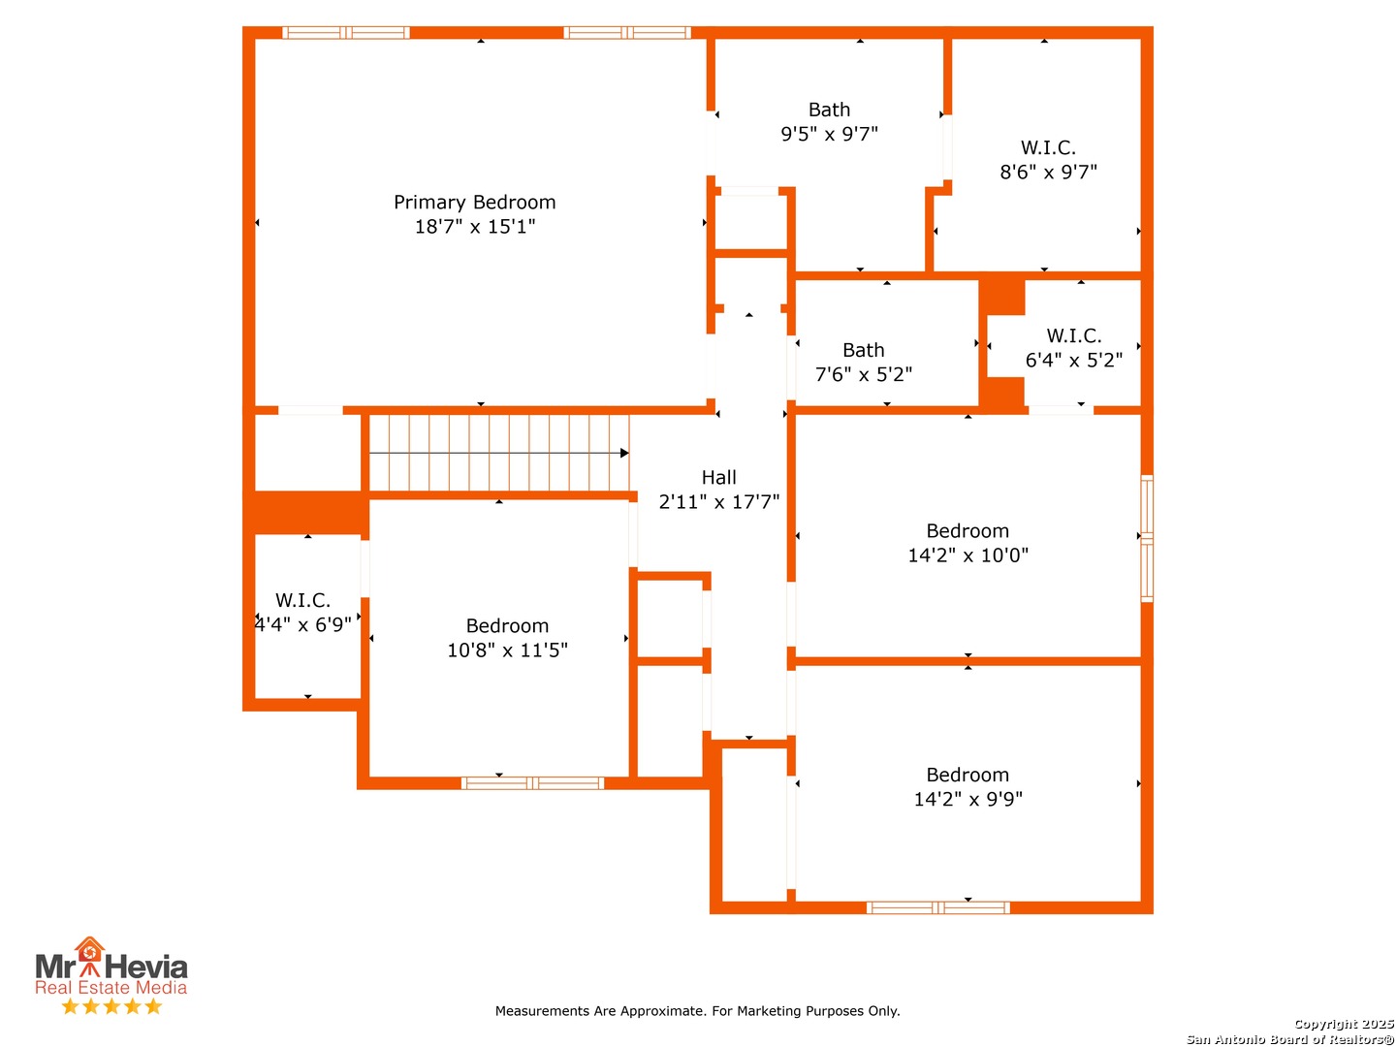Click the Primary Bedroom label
pyautogui.click(x=474, y=203)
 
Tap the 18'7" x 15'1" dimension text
pyautogui.click(x=474, y=226)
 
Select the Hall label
pyautogui.click(x=718, y=477)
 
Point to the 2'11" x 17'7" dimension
pyautogui.click(x=718, y=502)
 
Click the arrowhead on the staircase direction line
pyautogui.click(x=624, y=454)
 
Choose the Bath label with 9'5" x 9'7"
pyautogui.click(x=829, y=110)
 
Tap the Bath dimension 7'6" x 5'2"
pyautogui.click(x=864, y=374)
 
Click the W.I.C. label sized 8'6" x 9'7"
pyautogui.click(x=1048, y=147)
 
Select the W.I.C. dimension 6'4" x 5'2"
pyautogui.click(x=1073, y=361)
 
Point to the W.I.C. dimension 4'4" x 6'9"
pyautogui.click(x=302, y=625)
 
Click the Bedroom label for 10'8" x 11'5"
pyautogui.click(x=507, y=626)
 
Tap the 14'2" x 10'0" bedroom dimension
pyautogui.click(x=968, y=555)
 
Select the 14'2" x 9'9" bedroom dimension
pyautogui.click(x=968, y=799)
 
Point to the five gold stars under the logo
pyautogui.click(x=111, y=1006)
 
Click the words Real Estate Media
pyautogui.click(x=111, y=987)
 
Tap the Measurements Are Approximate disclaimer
pyautogui.click(x=697, y=1011)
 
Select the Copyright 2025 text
pyautogui.click(x=1344, y=1024)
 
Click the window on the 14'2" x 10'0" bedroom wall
pyautogui.click(x=1147, y=538)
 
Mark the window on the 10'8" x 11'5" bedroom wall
pyautogui.click(x=532, y=783)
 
